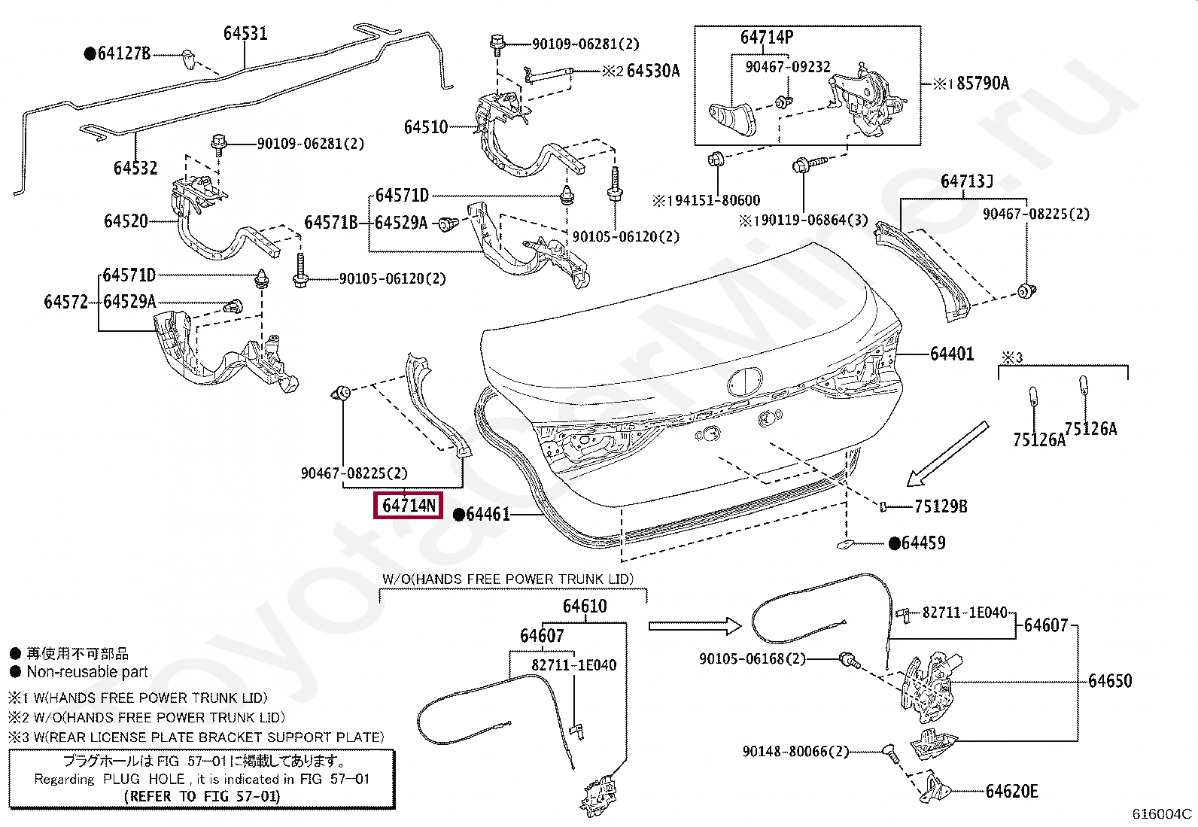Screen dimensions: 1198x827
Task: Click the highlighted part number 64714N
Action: point(409,506)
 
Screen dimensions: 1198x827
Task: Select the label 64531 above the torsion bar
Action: point(245,33)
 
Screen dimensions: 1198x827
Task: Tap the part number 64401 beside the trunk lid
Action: point(952,354)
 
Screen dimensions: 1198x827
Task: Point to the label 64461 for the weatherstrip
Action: point(488,514)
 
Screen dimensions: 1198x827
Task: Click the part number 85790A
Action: point(983,84)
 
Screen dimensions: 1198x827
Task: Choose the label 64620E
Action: point(1012,791)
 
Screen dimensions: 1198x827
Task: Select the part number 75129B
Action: point(941,506)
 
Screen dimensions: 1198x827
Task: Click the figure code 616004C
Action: point(1162,813)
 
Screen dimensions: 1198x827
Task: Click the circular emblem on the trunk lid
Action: point(745,382)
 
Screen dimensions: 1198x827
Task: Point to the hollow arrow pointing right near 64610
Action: point(695,625)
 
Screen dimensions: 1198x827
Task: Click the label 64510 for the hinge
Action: point(426,127)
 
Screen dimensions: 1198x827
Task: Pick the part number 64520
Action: point(126,221)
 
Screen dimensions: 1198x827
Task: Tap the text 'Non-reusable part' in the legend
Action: point(87,672)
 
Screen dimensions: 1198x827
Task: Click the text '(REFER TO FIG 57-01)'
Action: point(202,796)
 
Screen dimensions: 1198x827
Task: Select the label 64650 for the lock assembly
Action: point(1110,681)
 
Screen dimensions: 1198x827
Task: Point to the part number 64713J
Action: point(966,181)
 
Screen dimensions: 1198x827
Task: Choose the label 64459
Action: point(923,543)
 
